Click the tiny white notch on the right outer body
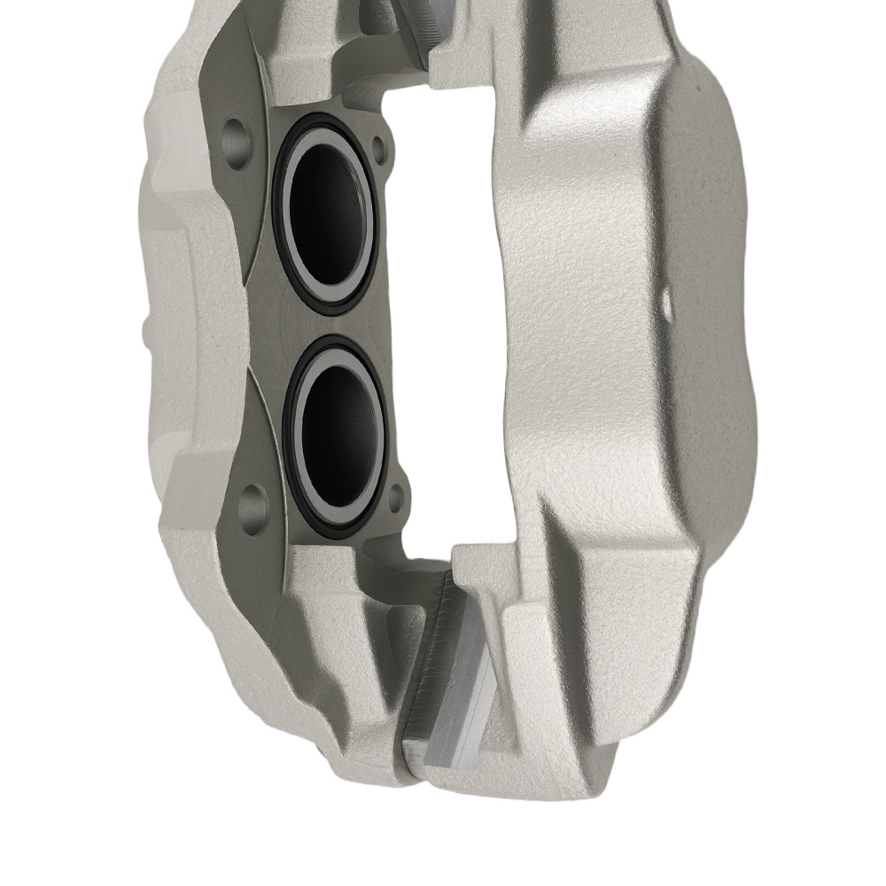click(x=667, y=301)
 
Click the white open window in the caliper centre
click(x=443, y=310)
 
